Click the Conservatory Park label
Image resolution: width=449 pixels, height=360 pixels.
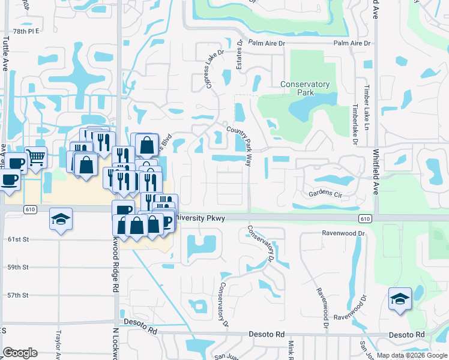point(305,89)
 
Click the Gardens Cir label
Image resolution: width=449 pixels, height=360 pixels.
point(325,194)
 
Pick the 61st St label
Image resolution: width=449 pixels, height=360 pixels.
point(18,239)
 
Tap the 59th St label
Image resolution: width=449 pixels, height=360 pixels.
point(18,267)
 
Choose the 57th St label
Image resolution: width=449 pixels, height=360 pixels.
point(18,295)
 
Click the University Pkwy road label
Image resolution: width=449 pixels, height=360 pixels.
point(200,219)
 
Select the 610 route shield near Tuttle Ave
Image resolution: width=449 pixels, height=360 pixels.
point(29,209)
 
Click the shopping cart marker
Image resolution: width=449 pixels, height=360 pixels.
point(36,158)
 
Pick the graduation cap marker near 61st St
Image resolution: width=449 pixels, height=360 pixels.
point(61,219)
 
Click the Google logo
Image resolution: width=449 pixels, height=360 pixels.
point(20,353)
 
